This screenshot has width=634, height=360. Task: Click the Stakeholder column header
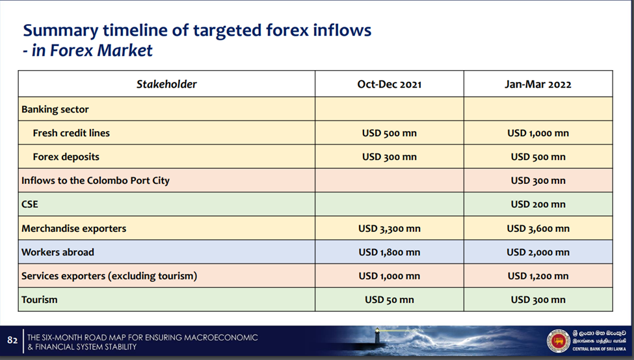coord(166,84)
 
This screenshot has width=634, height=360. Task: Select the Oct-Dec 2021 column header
coord(390,84)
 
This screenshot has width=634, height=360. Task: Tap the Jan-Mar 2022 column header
coord(538,84)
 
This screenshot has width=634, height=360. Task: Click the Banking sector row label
coord(55,109)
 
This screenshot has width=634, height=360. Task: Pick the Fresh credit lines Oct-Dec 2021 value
coord(390,133)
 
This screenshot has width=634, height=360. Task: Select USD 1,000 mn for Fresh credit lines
coord(538,133)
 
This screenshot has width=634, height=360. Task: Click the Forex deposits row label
coord(66,157)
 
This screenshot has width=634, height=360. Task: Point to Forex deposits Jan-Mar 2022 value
coord(538,157)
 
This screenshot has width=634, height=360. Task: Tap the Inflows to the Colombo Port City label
coord(96,181)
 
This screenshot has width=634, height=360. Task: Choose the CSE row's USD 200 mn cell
coord(538,205)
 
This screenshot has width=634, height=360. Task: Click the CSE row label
coord(29,204)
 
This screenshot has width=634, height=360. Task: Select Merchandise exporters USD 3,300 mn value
coord(390,229)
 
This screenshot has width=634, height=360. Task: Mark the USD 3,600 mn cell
coord(538,229)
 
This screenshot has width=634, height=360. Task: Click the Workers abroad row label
coord(57,252)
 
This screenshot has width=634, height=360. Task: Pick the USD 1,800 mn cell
coord(390,253)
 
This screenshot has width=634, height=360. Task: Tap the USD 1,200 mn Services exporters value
coord(538,276)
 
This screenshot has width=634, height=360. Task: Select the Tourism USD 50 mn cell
coord(390,300)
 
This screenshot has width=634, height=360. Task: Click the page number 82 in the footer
coord(12,341)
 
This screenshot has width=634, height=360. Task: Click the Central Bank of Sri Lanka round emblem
coord(558,341)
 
